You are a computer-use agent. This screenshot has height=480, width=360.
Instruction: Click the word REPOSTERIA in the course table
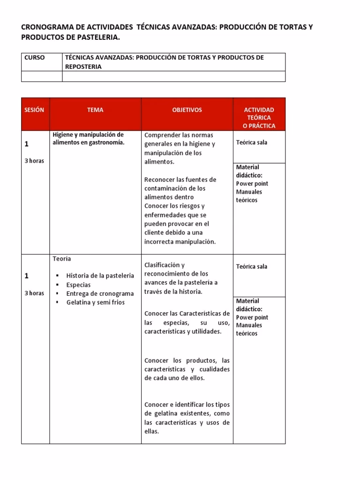83,67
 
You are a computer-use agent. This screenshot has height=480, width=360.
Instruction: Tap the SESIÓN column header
34,110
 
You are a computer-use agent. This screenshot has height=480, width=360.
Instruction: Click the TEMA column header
95,110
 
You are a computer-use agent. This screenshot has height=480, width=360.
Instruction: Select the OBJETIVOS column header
187,110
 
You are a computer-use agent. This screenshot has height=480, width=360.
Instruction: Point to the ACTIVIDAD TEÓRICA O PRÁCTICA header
259,118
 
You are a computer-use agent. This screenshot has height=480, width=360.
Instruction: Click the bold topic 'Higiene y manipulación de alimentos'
89,139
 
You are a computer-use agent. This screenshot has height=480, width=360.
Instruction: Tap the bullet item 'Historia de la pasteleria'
100,276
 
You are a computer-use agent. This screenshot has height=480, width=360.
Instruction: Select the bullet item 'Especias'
78,285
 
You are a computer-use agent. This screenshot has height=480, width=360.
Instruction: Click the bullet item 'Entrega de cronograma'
100,293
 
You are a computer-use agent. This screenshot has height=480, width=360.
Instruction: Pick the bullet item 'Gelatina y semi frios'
96,302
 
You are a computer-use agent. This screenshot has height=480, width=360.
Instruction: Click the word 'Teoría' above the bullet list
62,259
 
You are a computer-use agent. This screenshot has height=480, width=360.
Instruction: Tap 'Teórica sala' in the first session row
252,142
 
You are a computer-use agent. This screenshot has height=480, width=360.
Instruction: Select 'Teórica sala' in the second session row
252,266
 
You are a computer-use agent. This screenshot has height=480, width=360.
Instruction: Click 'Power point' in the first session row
252,184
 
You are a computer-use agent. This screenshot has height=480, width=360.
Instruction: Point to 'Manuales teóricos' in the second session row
249,329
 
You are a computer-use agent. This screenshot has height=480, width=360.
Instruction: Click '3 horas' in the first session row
34,161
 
